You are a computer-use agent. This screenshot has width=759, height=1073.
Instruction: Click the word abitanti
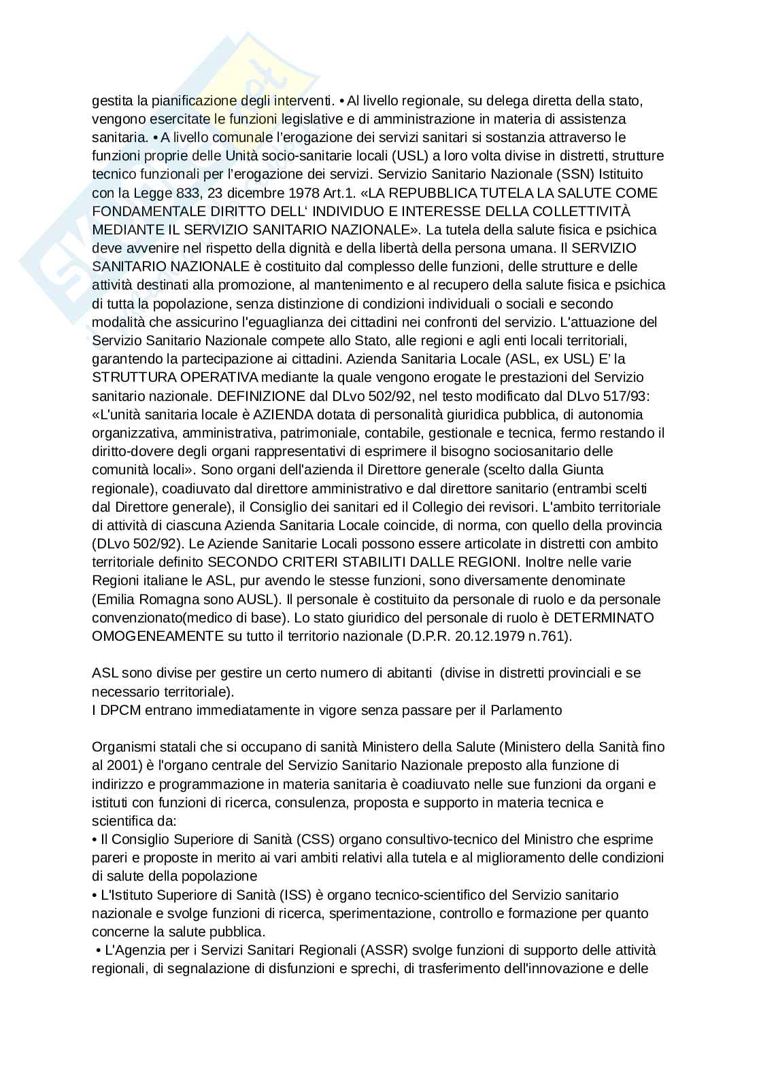(405, 673)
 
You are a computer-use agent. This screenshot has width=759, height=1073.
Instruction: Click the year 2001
(121, 766)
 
